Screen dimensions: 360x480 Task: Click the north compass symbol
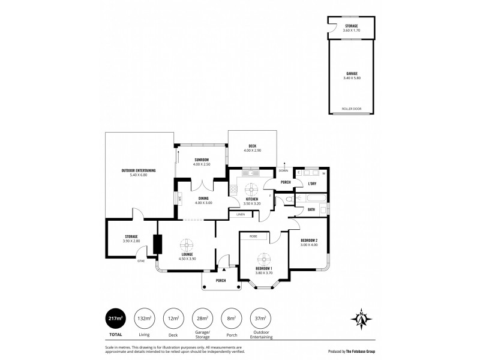(362, 319)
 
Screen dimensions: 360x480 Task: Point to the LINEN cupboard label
(240, 214)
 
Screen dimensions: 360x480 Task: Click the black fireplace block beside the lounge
(158, 244)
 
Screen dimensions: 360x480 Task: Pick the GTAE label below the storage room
(141, 261)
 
